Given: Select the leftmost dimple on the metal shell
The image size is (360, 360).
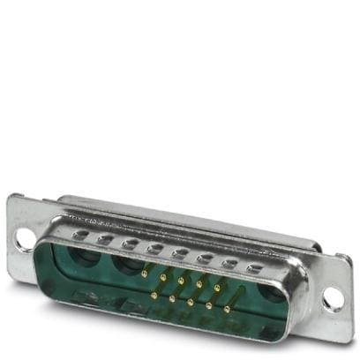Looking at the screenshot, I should (82, 235).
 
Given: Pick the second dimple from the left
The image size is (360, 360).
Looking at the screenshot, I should (105, 239).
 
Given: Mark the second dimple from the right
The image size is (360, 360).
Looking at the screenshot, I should (232, 263).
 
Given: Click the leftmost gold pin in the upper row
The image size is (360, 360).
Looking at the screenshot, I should (144, 274).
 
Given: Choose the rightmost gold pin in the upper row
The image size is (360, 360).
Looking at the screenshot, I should (218, 288).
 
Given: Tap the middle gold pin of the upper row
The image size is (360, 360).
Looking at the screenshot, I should (181, 281).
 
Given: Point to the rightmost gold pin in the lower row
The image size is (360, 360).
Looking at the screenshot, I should (228, 309).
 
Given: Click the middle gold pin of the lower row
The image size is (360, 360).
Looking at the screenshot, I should (190, 302).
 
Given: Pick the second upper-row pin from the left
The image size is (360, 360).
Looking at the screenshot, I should (162, 278).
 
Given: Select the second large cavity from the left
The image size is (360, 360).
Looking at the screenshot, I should (124, 266).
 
